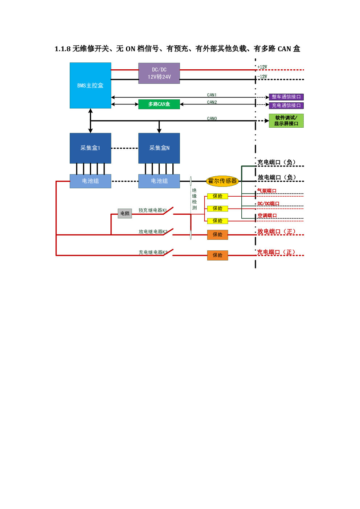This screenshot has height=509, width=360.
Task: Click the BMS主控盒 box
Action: [90, 85]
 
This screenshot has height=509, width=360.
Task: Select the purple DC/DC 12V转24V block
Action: [159, 73]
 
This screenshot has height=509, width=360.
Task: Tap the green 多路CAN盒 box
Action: [159, 104]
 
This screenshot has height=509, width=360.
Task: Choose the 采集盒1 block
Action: [90, 148]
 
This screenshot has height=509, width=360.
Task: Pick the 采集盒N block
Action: [159, 148]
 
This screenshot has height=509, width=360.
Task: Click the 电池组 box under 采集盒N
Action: [159, 181]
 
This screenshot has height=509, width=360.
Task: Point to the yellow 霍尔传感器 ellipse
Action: [222, 181]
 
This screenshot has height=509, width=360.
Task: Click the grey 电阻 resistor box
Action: [125, 213]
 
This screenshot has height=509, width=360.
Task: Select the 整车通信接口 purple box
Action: [286, 97]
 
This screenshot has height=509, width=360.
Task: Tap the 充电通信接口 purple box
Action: [286, 106]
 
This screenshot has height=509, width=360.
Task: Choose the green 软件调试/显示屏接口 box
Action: [286, 121]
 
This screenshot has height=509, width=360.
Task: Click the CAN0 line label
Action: [212, 119]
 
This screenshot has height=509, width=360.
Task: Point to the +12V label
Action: [262, 67]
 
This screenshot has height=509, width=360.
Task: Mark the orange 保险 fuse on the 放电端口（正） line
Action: [218, 235]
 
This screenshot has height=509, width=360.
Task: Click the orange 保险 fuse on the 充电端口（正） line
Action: [218, 255]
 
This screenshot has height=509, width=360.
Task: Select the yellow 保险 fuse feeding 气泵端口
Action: [218, 196]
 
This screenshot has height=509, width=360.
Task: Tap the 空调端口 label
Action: [267, 215]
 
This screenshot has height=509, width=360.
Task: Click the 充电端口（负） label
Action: [276, 162]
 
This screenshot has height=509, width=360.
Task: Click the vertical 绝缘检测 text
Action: [195, 199]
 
